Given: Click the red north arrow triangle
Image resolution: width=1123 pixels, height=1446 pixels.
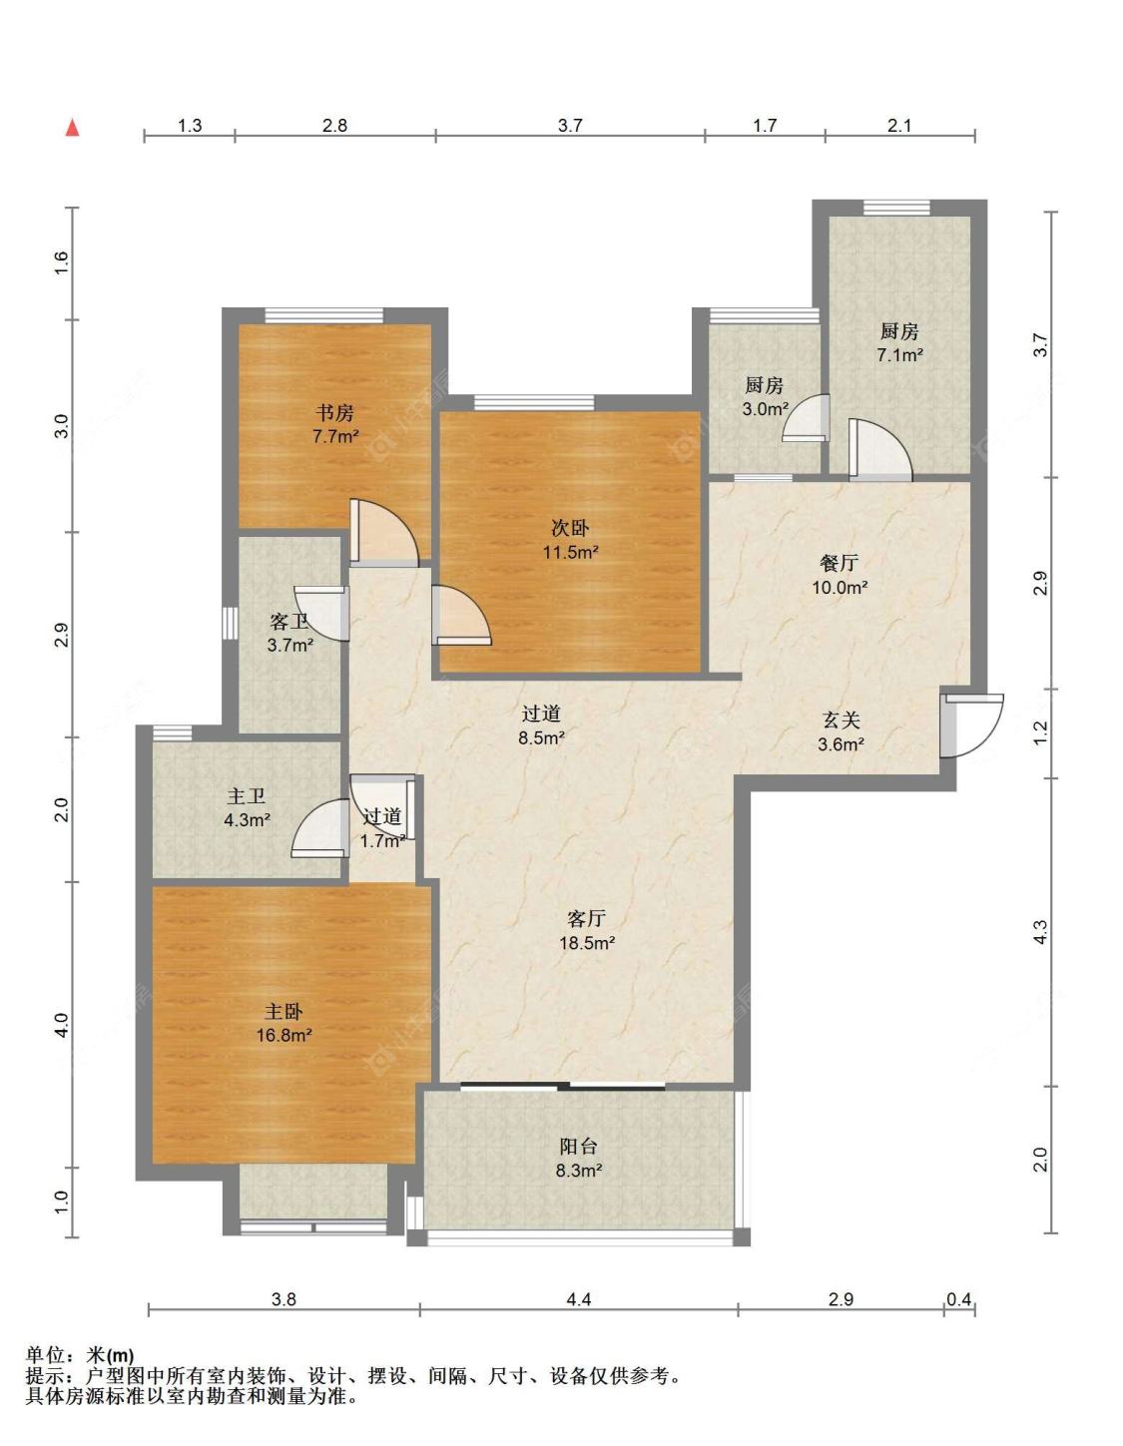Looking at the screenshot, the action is coord(72,128).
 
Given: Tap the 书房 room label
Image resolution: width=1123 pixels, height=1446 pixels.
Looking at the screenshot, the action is coord(334,413).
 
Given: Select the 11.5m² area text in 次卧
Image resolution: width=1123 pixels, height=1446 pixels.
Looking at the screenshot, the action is coord(571,552).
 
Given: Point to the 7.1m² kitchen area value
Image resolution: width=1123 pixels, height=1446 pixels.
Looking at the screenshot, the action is coord(899,354).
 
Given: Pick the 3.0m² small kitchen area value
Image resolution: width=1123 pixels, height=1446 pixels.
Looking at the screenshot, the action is coord(766,408).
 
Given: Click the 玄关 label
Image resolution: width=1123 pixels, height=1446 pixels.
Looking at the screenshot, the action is coord(841,720).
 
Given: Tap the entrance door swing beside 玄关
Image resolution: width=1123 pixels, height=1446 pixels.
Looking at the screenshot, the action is coord(973,725).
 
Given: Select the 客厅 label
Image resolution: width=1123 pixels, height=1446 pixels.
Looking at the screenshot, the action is coord(586,919).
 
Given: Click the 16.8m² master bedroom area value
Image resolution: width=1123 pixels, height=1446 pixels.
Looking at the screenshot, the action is coord(284,1035).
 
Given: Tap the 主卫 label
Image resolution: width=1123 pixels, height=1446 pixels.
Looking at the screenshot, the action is coord(246,796).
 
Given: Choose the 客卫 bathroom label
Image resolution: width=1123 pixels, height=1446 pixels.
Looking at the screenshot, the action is coord(289,622).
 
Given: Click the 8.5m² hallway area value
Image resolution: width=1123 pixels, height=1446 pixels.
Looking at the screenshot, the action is coord(542,737).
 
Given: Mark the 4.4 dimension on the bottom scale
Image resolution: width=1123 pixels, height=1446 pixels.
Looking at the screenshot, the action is coord(578,1299).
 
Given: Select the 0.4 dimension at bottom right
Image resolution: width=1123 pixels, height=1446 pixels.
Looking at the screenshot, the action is coord(959,1299).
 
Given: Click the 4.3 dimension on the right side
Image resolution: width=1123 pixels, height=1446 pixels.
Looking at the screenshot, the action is coord(1040,932).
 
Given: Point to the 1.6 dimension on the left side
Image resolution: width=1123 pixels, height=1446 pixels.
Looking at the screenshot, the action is coord(60,263).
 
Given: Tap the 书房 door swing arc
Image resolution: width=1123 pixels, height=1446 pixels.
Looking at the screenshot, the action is coord(384,533).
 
